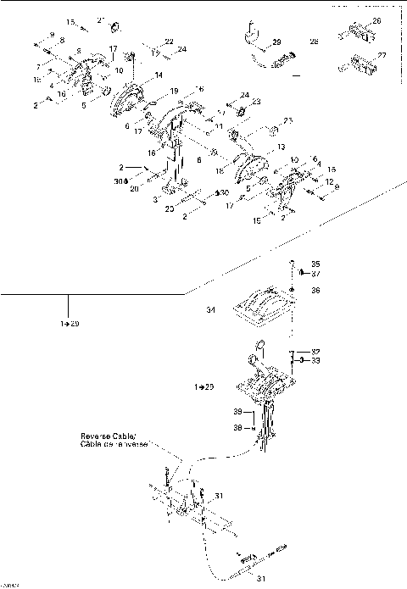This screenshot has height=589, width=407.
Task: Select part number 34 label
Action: point(211,311)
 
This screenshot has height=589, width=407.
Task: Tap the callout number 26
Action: point(376,20)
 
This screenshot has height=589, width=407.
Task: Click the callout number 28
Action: point(314,40)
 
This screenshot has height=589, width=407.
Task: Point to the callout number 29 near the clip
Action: point(276,41)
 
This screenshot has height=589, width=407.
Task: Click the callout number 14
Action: point(158,76)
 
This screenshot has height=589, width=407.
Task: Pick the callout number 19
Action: point(174,90)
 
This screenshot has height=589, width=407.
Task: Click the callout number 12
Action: point(328,181)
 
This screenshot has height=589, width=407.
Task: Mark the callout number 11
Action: point(218,126)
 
